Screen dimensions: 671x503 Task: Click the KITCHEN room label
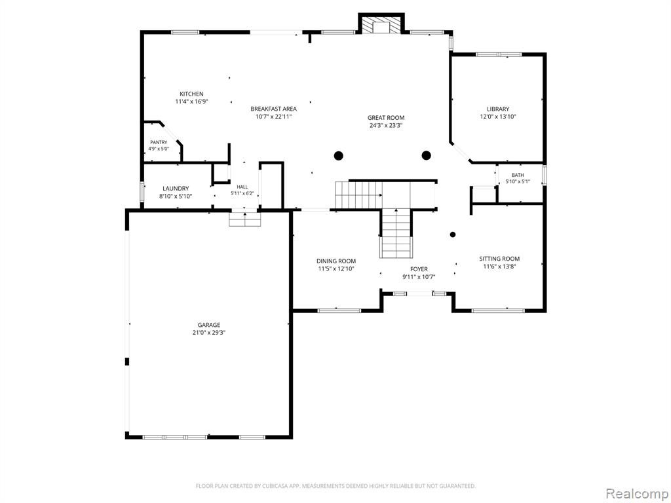[191, 94]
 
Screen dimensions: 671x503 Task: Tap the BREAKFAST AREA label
[273, 109]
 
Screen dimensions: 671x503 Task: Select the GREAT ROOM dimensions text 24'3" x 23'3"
[386, 125]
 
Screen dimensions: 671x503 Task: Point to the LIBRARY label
[498, 109]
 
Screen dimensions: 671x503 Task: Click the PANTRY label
[159, 142]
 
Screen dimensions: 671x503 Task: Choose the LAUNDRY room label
[176, 189]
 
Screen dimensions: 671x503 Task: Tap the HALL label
[242, 187]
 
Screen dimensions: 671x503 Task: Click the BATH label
[518, 175]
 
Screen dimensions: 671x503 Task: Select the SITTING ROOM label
[499, 259]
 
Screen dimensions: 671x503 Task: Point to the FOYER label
[419, 269]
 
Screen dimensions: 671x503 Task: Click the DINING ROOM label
[336, 261]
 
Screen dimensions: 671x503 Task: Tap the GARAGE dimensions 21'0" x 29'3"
[209, 332]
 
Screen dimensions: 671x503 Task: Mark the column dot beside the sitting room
[453, 234]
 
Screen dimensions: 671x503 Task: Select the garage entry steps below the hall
[245, 219]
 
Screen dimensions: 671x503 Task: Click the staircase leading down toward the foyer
[396, 233]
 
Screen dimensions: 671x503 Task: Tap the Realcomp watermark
[636, 493]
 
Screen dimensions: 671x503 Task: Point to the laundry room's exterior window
[142, 191]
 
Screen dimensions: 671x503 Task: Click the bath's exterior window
[545, 174]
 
